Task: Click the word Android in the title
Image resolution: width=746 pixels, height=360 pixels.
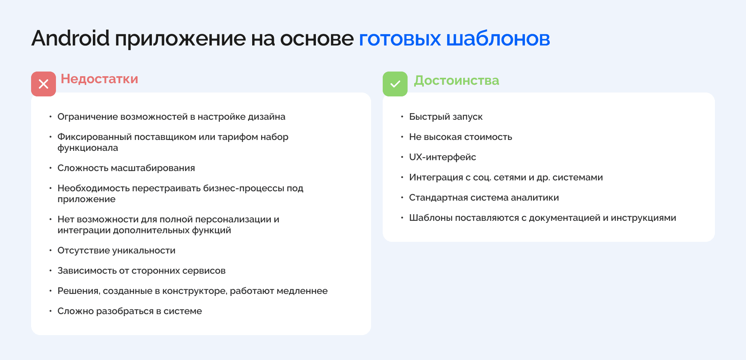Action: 70,38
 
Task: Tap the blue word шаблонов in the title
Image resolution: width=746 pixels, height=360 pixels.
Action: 498,38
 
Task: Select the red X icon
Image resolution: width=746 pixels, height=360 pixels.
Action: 44,84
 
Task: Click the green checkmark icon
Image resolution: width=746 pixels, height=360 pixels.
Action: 395,84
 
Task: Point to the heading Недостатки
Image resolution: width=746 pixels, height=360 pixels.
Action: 99,79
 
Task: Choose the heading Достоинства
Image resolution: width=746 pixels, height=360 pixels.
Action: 456,80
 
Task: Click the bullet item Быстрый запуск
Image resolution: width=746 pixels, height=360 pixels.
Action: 446,117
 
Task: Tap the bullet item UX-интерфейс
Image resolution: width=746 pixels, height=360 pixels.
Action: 442,157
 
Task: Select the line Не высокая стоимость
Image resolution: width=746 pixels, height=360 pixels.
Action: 460,137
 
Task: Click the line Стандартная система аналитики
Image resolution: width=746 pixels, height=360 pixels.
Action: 484,197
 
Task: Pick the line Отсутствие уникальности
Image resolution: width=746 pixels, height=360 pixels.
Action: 116,250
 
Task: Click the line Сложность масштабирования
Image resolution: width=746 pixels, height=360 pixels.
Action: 126,168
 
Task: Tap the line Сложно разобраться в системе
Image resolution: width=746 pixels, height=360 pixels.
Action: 129,311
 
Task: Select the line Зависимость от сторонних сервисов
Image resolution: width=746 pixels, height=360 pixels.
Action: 141,271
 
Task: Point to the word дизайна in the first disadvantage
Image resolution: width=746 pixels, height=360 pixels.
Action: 267,117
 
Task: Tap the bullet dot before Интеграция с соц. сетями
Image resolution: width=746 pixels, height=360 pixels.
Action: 402,177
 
